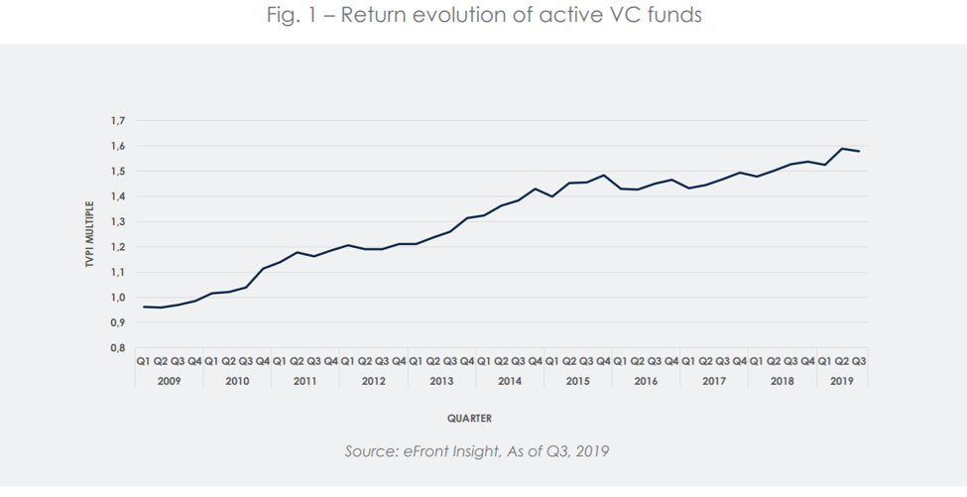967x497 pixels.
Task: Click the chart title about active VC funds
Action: pyautogui.click(x=484, y=16)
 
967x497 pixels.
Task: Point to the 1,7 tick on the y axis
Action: pyautogui.click(x=118, y=121)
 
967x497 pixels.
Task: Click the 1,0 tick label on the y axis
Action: pyautogui.click(x=118, y=298)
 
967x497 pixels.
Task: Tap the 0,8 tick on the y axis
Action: pyautogui.click(x=118, y=348)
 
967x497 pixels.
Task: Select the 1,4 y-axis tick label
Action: pyautogui.click(x=118, y=196)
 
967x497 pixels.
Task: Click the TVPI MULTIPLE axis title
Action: pyautogui.click(x=89, y=234)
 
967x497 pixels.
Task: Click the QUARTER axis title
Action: pyautogui.click(x=469, y=419)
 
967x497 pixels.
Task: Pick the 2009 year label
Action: pyautogui.click(x=169, y=381)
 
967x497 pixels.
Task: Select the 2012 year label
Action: pyautogui.click(x=373, y=381)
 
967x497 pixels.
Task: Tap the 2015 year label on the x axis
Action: pyautogui.click(x=577, y=381)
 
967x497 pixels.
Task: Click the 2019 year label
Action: pyautogui.click(x=841, y=381)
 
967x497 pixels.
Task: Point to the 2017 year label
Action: pyautogui.click(x=713, y=381)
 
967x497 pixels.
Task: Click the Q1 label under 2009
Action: pyautogui.click(x=144, y=362)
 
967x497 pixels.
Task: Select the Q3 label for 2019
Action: pyautogui.click(x=859, y=362)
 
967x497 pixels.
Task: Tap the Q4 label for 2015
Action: pyautogui.click(x=603, y=362)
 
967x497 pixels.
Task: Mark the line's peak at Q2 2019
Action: pyautogui.click(x=842, y=149)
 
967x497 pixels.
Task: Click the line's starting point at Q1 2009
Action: pyautogui.click(x=144, y=307)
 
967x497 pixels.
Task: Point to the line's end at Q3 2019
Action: pyautogui.click(x=859, y=151)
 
